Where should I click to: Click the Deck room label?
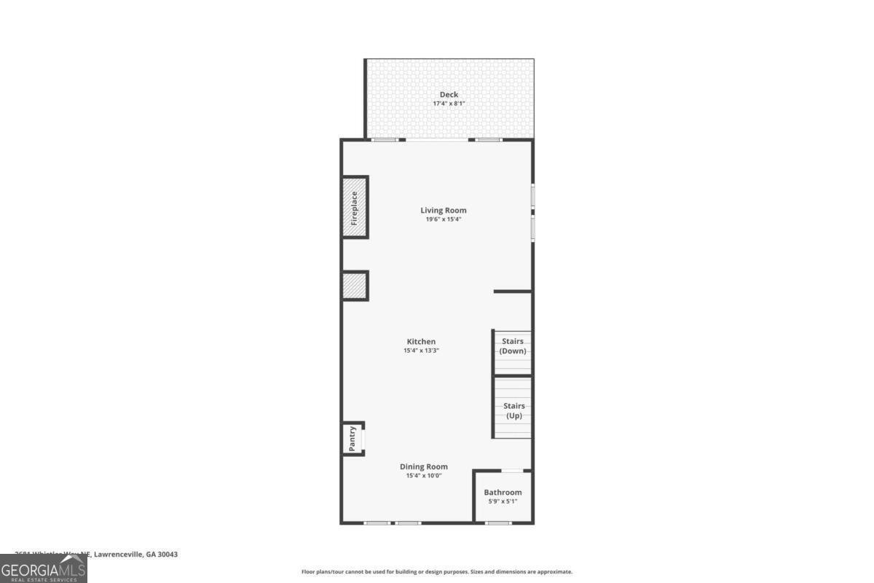coord(449,95)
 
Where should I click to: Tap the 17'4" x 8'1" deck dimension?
coord(449,104)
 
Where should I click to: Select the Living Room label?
coord(443,211)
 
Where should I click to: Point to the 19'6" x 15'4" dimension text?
coord(443,219)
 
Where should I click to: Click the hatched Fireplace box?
coord(355,207)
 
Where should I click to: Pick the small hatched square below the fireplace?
coord(355,286)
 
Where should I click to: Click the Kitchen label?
coord(421,342)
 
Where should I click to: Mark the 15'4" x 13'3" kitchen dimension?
coord(421,351)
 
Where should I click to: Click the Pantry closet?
coord(353,439)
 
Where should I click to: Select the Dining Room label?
coord(424,466)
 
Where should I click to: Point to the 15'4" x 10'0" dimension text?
coord(424,476)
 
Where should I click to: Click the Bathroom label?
coord(503,493)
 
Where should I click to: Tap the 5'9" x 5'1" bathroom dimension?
coord(503,501)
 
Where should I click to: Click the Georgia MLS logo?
coord(44,568)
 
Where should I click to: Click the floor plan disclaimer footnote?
coord(437,572)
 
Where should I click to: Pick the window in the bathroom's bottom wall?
coord(498,523)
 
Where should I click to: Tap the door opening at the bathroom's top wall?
coord(512,471)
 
